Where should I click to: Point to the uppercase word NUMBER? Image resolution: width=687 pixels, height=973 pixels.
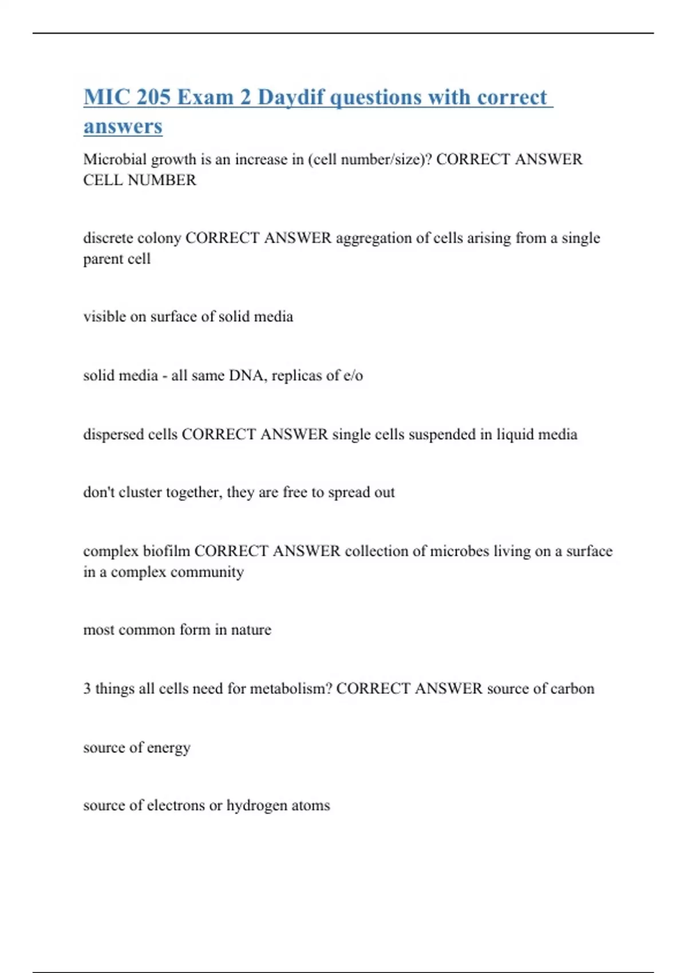pyautogui.click(x=162, y=180)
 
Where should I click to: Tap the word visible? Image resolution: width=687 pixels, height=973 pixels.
pyautogui.click(x=104, y=317)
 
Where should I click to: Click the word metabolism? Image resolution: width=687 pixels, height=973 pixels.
pyautogui.click(x=291, y=689)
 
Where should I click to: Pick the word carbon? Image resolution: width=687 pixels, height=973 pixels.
pyautogui.click(x=572, y=689)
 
